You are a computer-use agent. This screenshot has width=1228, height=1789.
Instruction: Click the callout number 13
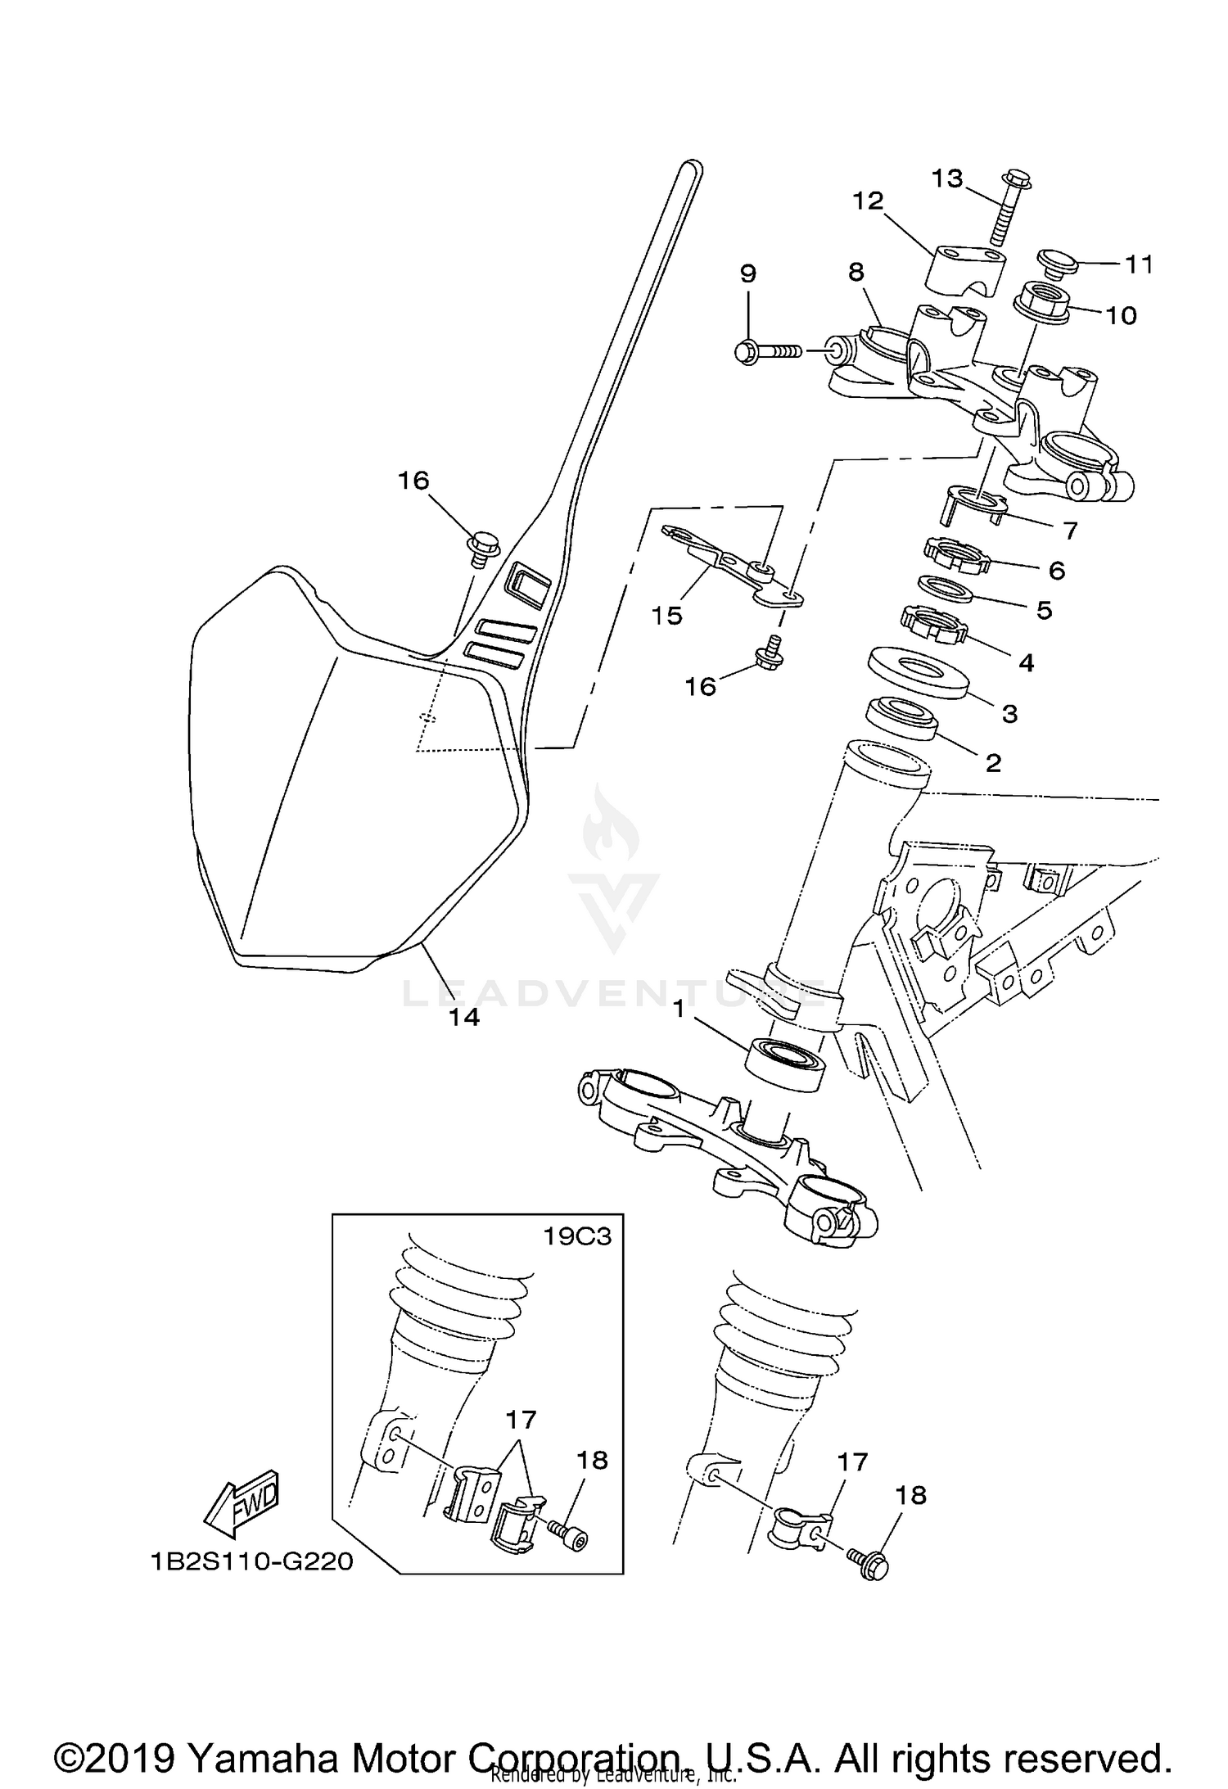[947, 178]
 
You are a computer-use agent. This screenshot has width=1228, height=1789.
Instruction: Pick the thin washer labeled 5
[946, 590]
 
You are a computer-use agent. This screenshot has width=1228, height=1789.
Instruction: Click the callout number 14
[464, 1017]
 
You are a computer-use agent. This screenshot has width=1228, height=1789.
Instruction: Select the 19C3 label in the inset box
[578, 1236]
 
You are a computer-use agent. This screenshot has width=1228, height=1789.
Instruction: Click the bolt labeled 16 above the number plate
[483, 545]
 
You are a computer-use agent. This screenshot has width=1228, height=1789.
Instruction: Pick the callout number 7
[1071, 531]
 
